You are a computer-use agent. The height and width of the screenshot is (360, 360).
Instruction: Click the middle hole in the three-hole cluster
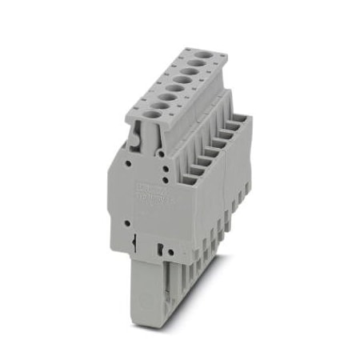pyautogui.click(x=167, y=169)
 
